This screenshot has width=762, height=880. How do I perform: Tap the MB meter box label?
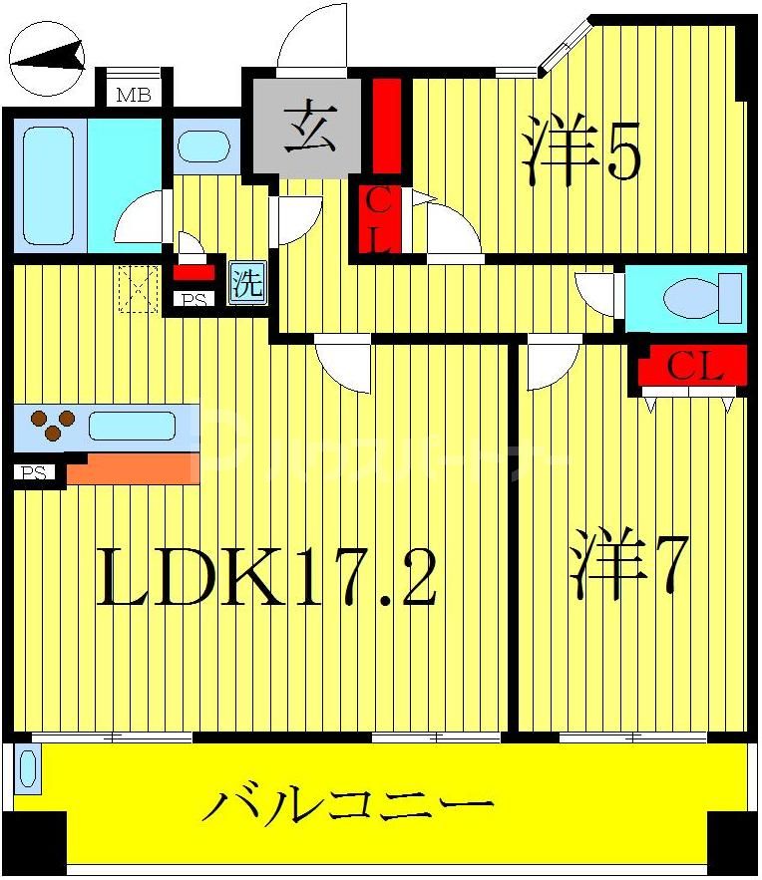pos(133,96)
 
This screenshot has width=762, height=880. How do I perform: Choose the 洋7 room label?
pos(628,569)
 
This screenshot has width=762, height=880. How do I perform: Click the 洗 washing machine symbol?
pos(248,283)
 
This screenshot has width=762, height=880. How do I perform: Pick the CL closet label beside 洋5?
pos(380,219)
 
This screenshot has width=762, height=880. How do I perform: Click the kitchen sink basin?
pos(131,426)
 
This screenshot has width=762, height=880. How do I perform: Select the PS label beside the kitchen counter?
pos(35,473)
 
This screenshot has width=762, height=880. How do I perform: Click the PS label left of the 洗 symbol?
pos(193,298)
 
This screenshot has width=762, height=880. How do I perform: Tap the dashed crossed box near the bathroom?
pos(139,289)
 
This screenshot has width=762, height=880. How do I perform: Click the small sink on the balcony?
pos(27,770)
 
